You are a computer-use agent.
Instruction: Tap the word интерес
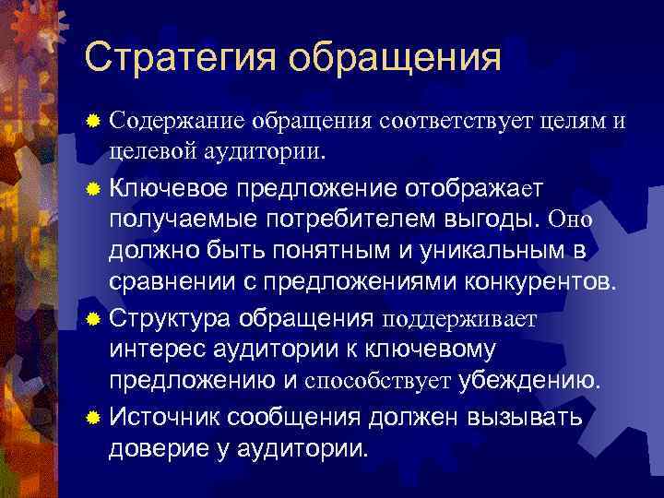coord(153,350)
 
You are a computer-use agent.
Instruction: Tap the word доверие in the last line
coord(154,449)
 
